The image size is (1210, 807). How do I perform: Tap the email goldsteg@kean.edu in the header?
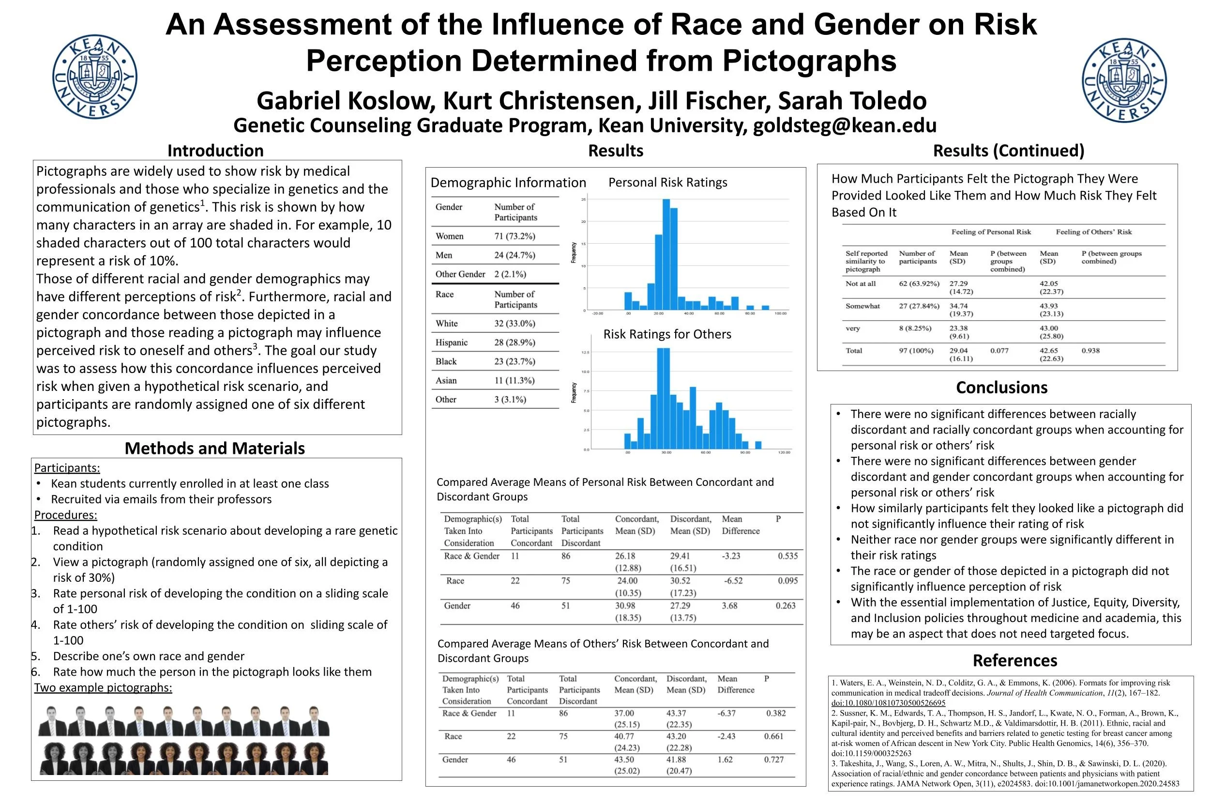(x=844, y=125)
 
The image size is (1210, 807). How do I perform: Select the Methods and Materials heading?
(x=214, y=448)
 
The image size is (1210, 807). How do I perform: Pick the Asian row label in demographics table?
(x=446, y=380)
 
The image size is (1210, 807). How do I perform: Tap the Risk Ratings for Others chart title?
(x=667, y=335)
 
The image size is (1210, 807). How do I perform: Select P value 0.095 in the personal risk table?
(x=787, y=580)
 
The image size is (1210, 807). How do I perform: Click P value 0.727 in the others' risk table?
(x=773, y=760)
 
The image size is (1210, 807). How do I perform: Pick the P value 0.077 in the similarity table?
(x=999, y=351)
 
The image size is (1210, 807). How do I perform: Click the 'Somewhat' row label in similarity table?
(x=862, y=306)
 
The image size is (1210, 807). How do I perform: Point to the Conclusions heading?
(x=1001, y=388)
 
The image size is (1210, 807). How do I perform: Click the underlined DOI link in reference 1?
(x=888, y=703)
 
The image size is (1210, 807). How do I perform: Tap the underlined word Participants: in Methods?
(x=67, y=468)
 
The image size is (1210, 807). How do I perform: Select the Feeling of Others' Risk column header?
(x=1093, y=232)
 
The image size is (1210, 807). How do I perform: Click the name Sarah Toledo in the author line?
(x=852, y=101)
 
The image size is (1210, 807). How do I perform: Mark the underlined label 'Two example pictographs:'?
(x=103, y=688)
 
